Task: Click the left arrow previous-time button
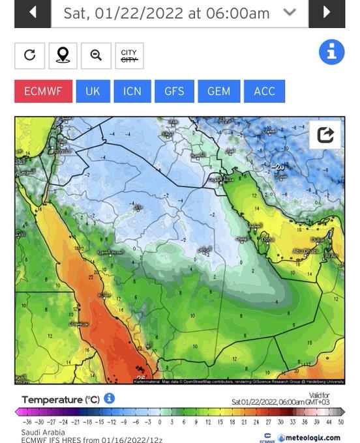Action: click(32, 13)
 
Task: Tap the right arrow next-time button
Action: click(327, 13)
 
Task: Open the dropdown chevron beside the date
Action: click(290, 13)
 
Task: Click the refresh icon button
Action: click(30, 55)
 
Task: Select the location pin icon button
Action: click(63, 55)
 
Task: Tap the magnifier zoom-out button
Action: click(96, 55)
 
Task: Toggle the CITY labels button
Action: click(129, 55)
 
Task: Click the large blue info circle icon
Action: click(331, 52)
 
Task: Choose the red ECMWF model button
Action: click(43, 91)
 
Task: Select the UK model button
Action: click(93, 91)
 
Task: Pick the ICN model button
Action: click(132, 91)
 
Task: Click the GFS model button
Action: click(174, 91)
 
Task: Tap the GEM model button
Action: click(218, 91)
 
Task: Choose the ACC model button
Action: click(265, 91)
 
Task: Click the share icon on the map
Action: click(325, 135)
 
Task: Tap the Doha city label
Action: click(267, 239)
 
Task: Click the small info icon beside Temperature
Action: click(109, 398)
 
